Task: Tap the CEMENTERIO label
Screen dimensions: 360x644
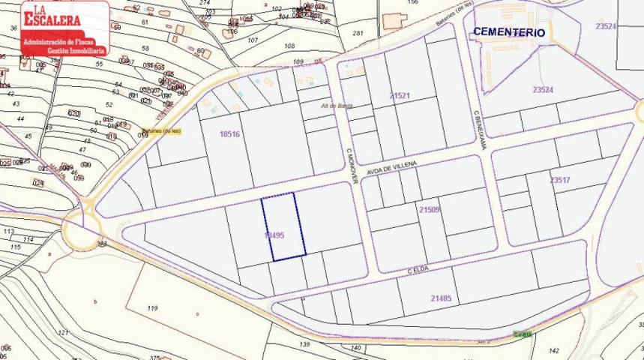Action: [508, 32]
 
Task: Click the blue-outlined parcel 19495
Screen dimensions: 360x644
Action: [283, 226]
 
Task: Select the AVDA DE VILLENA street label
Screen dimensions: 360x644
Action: [391, 171]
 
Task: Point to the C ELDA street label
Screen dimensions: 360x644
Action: [421, 270]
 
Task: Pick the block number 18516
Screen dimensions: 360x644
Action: [229, 134]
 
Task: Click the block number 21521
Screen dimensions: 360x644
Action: [400, 96]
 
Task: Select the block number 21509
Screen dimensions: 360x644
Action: [430, 209]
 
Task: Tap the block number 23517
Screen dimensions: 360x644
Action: [559, 180]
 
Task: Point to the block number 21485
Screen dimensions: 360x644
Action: [441, 298]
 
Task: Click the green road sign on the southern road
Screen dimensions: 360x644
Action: [523, 334]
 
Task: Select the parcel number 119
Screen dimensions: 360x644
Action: [152, 308]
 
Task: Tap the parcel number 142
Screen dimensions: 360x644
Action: [553, 350]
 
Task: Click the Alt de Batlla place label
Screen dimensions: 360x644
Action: [337, 106]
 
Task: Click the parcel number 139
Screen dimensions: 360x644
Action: [304, 344]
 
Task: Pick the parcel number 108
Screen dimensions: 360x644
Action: [290, 46]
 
